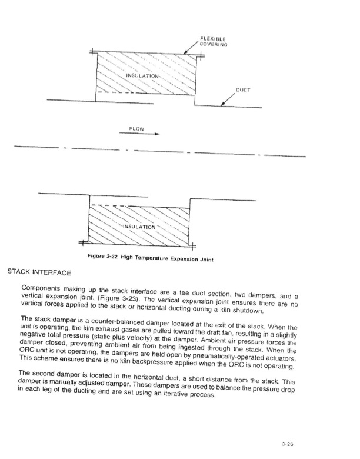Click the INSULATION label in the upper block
[x=144, y=76]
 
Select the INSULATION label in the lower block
[x=140, y=227]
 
